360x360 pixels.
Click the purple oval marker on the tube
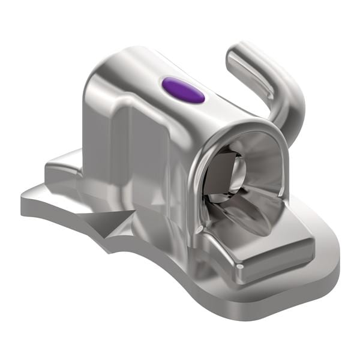tap(183, 91)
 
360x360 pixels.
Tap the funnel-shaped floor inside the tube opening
tap(246, 207)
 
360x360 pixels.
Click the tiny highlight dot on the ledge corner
tap(239, 264)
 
